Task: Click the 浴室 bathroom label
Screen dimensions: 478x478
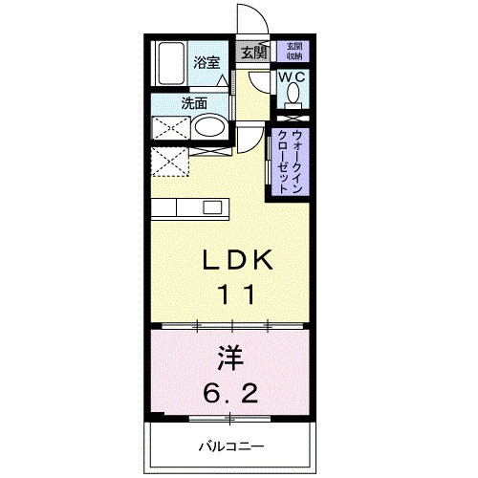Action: click(x=207, y=64)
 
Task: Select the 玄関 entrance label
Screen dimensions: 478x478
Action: click(x=253, y=53)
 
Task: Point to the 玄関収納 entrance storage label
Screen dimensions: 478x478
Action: click(x=292, y=51)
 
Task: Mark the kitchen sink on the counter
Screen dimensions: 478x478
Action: click(x=212, y=207)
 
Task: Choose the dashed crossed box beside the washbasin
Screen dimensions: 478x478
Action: click(x=169, y=127)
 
